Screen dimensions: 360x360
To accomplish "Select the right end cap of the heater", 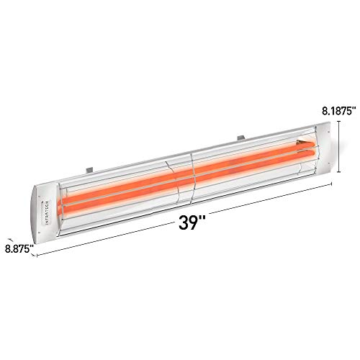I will click(325, 148).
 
